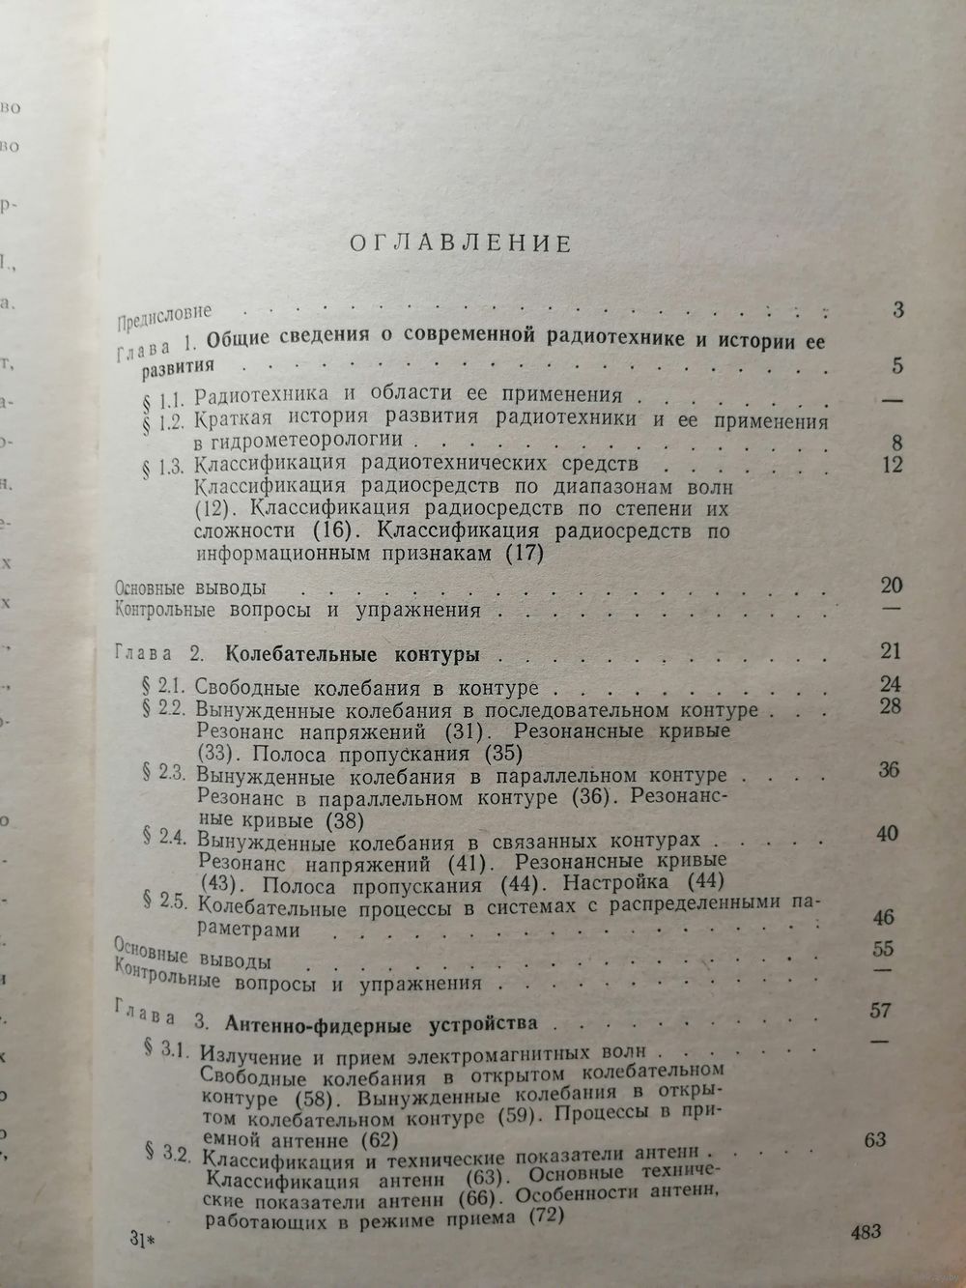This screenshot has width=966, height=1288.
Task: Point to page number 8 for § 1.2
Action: pyautogui.click(x=895, y=444)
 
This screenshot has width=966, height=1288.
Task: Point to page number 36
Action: pyautogui.click(x=890, y=770)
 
